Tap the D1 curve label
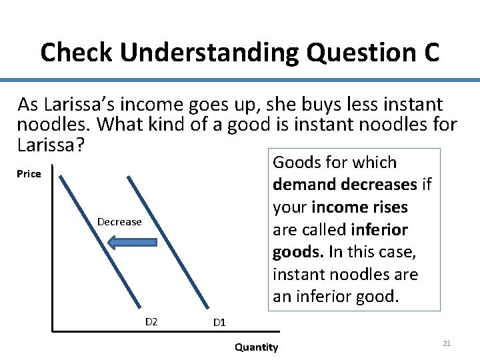coord(219,323)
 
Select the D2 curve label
coord(151,322)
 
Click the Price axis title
coord(29,174)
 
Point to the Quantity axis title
coord(257,347)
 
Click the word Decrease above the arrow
coord(119,221)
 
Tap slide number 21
coord(447,343)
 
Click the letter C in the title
coord(431,52)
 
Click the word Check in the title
coord(70,52)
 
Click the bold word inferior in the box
coord(380,230)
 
